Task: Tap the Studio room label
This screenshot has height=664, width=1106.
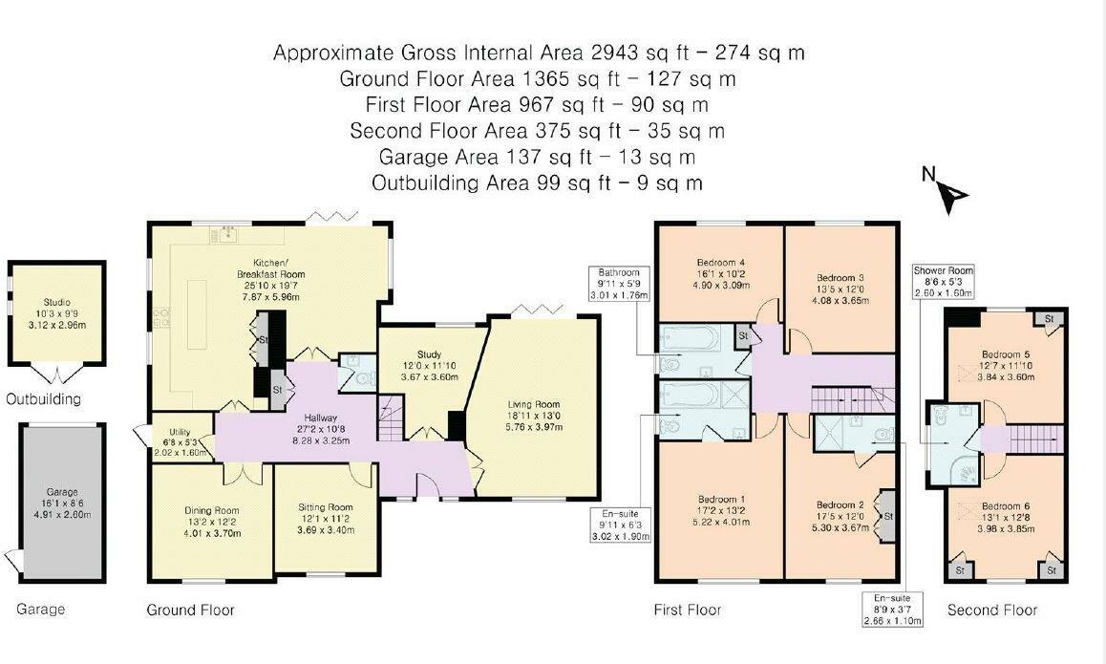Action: [x=56, y=302]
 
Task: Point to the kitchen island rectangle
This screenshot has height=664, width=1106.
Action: [x=197, y=314]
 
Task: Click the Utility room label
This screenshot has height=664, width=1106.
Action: [x=180, y=432]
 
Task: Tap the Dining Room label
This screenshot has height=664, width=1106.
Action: [x=212, y=510]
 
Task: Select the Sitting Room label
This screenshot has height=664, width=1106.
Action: [x=325, y=506]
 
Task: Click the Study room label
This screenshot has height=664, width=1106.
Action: [x=429, y=354]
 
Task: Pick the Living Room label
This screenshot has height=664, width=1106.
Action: [x=534, y=404]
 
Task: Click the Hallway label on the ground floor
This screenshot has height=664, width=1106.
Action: [x=321, y=418]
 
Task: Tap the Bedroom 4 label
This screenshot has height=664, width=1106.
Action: [x=720, y=263]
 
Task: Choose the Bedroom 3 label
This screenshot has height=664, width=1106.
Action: [x=840, y=278]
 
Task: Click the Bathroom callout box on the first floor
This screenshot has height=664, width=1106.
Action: [x=619, y=284]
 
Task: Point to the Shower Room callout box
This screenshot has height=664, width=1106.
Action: [x=943, y=282]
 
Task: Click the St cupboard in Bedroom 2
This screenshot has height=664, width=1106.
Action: [x=886, y=516]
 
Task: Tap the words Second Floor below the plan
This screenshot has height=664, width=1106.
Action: [x=992, y=610]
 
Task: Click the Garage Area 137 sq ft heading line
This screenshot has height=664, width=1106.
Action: [x=537, y=157]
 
